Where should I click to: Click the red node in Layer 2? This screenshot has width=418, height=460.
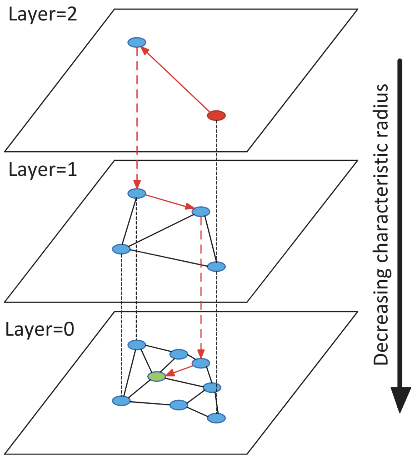216,115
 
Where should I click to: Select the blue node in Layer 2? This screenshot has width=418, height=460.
137,42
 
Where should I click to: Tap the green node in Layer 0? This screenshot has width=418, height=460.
157,376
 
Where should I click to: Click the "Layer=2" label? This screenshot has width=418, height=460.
43,15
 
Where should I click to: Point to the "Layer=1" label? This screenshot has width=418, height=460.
43,170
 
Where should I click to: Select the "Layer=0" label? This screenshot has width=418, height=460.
40,329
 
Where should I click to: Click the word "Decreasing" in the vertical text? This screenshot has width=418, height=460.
381,316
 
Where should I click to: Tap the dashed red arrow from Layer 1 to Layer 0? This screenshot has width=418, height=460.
201,285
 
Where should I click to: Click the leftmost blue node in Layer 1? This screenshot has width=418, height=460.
121,249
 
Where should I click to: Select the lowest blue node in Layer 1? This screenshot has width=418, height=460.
216,266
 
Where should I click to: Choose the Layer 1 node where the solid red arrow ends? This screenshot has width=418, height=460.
201,212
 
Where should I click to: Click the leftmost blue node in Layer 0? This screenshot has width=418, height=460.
121,400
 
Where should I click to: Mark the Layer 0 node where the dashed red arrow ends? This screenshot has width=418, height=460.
201,363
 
